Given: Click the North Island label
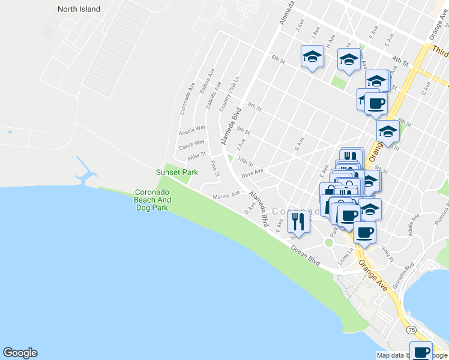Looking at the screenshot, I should click(79, 9).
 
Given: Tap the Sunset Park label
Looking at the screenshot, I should click(177, 172).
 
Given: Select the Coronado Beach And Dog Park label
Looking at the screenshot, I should click(152, 200).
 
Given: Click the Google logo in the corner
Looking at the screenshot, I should click(20, 353).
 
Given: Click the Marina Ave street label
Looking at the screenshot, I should click(226, 195).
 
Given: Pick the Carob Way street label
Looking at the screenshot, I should click(192, 145).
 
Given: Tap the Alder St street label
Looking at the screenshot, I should click(196, 157).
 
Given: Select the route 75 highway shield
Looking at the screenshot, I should click(411, 330).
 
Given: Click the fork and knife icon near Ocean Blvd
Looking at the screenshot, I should click(298, 222).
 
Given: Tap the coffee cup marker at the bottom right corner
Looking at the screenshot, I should click(421, 351).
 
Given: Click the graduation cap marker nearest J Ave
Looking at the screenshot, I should click(312, 57).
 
